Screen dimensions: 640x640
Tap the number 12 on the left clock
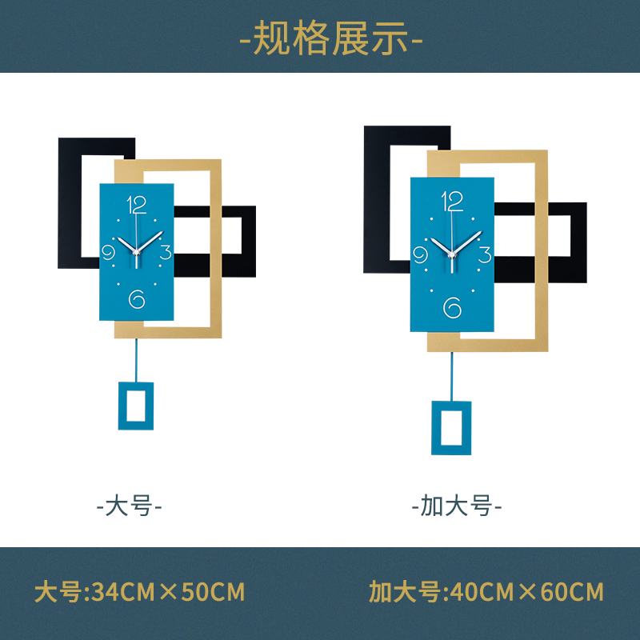pyautogui.click(x=137, y=205)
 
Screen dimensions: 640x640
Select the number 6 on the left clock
pyautogui.click(x=137, y=298)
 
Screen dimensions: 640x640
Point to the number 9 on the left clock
pyautogui.click(x=109, y=254)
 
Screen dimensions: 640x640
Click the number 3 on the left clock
pyautogui.click(x=166, y=254)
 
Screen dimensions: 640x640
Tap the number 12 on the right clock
pyautogui.click(x=452, y=200)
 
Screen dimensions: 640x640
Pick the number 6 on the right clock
pyautogui.click(x=453, y=307)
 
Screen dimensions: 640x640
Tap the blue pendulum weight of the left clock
pyautogui.click(x=136, y=406)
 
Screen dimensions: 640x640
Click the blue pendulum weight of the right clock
pyautogui.click(x=452, y=428)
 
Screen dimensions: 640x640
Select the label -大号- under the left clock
pyautogui.click(x=130, y=506)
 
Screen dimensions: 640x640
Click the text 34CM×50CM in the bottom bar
pyautogui.click(x=169, y=593)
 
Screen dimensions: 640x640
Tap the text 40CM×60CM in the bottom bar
pyautogui.click(x=527, y=593)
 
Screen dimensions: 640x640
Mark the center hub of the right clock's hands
pyautogui.click(x=452, y=254)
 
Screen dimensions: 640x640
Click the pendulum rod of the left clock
pyautogui.click(x=136, y=360)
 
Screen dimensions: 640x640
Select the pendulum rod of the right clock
pyautogui.click(x=452, y=376)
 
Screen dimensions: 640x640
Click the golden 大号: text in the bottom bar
pyautogui.click(x=61, y=593)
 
